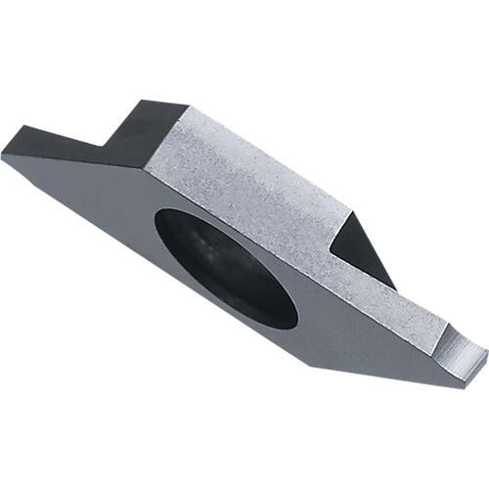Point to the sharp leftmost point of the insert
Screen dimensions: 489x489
(3, 155)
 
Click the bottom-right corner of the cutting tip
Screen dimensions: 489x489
(461, 385)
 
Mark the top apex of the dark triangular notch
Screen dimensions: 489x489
(348, 211)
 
